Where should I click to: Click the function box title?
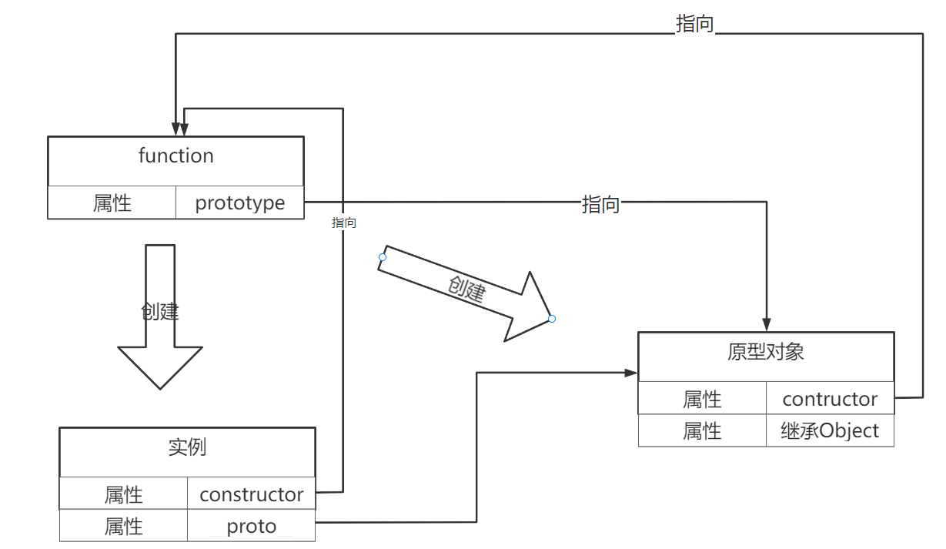[175, 156]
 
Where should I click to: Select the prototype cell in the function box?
[239, 203]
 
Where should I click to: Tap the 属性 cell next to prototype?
[112, 203]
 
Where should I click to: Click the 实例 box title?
[187, 447]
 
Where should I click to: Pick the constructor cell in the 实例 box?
[252, 494]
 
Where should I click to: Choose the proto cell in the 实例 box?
[252, 527]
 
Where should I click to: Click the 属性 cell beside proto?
[123, 527]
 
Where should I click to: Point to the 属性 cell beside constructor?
[123, 494]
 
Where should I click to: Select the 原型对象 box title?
[766, 352]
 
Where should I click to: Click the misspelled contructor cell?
[830, 399]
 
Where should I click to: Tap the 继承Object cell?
[830, 430]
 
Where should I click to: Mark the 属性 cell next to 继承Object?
[702, 430]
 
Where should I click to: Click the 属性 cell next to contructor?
[702, 399]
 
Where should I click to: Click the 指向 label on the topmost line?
[694, 25]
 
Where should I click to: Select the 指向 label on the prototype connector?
[600, 205]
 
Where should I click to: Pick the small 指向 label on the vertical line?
[344, 223]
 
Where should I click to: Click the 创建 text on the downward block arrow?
[160, 312]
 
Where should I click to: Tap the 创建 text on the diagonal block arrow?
[466, 289]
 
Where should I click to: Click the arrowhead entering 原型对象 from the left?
[632, 373]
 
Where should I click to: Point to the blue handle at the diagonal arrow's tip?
[552, 319]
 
